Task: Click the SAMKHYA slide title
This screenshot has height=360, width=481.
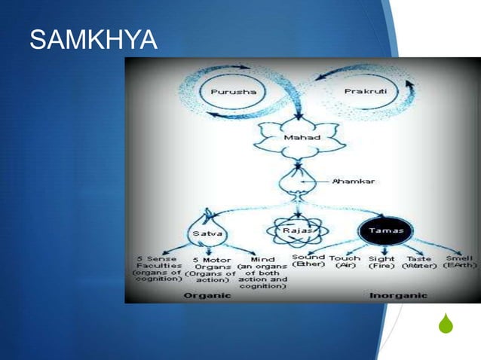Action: [93, 42]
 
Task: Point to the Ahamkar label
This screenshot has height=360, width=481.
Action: [355, 182]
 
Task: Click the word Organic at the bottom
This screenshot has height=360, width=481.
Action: [208, 295]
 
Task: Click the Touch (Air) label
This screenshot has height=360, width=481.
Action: [345, 261]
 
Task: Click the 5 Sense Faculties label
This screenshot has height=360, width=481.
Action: [155, 269]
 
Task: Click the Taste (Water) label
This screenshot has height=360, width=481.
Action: [420, 261]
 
